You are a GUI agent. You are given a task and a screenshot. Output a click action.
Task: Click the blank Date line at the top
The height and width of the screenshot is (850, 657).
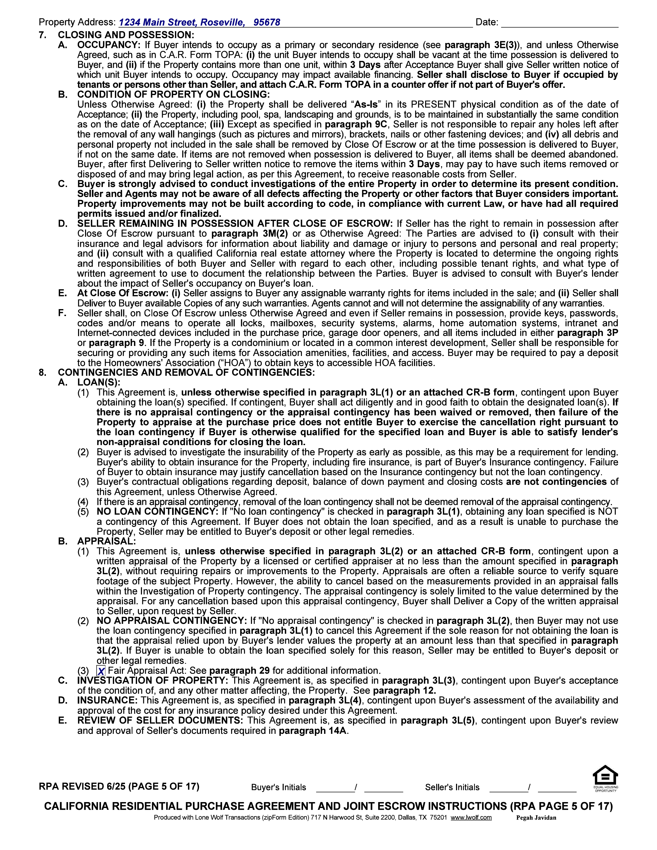click(559, 23)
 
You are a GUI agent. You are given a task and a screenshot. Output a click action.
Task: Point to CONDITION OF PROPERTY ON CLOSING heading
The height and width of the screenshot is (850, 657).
click(173, 95)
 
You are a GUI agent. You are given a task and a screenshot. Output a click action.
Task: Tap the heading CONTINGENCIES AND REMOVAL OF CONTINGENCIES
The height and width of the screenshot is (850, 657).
click(186, 372)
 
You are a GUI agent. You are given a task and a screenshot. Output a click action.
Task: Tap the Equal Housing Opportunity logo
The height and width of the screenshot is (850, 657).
click(605, 778)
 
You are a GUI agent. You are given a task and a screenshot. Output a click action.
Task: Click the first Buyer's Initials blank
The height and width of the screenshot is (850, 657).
click(335, 787)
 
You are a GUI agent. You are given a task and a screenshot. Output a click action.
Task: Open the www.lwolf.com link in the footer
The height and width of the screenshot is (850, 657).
click(471, 817)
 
